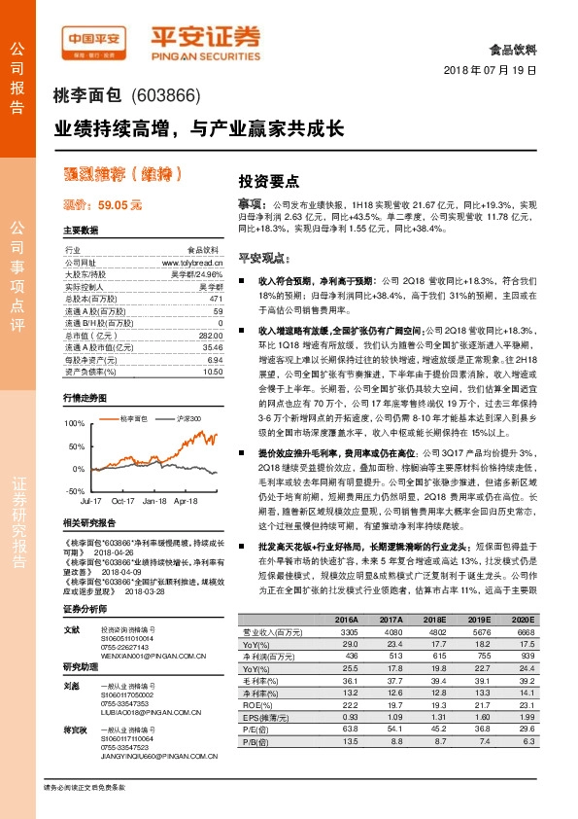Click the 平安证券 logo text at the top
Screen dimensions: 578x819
tap(205, 37)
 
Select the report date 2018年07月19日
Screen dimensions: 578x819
tap(496, 71)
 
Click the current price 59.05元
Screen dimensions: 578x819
tap(103, 205)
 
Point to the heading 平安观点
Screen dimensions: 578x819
tap(261, 259)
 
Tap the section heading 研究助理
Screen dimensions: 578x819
tap(81, 667)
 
